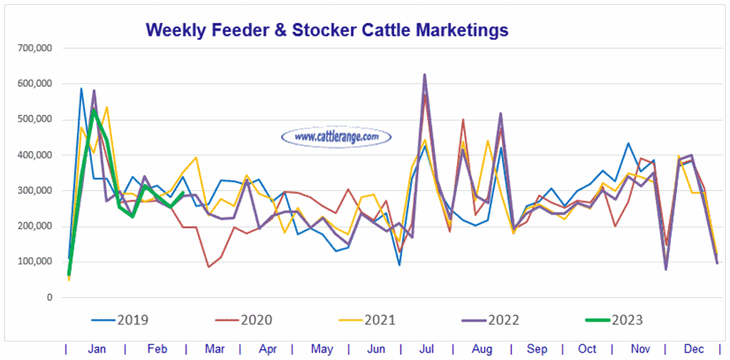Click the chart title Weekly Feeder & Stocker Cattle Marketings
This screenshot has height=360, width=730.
(x=327, y=30)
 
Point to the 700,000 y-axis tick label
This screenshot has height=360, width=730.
(x=35, y=48)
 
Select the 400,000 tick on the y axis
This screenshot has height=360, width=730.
(x=35, y=155)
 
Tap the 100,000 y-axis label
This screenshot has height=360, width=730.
(x=35, y=262)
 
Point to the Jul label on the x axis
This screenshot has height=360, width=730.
(x=427, y=349)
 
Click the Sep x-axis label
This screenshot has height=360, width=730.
(x=537, y=349)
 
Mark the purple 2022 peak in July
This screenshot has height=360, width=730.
(x=425, y=74)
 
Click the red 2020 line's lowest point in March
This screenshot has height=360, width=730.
(x=208, y=267)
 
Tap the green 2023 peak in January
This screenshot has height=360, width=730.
(x=93, y=110)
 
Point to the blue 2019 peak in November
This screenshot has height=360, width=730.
(x=628, y=143)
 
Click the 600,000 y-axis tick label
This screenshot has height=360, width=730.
(x=35, y=83)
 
